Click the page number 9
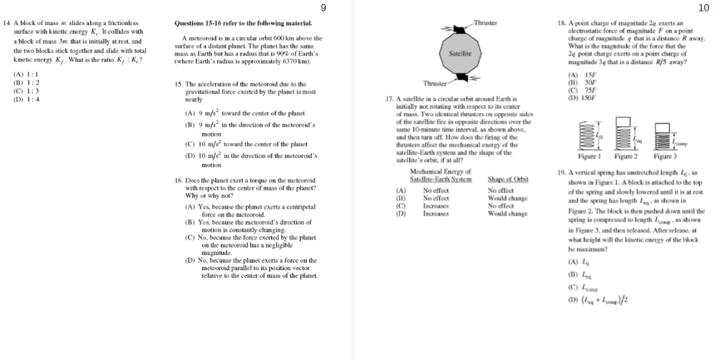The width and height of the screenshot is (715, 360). [323, 8]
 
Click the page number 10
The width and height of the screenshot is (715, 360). [703, 8]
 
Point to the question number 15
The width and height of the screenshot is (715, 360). [179, 84]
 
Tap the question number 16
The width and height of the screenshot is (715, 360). [179, 180]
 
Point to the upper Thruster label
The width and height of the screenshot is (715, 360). [486, 23]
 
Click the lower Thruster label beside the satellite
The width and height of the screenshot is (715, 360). [435, 83]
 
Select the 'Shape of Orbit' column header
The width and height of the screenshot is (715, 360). [508, 179]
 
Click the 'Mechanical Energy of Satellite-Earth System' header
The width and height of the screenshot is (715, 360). [441, 175]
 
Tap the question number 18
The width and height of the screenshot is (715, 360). [562, 23]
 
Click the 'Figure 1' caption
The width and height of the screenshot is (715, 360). [589, 156]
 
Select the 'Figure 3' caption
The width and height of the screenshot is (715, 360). [665, 156]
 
